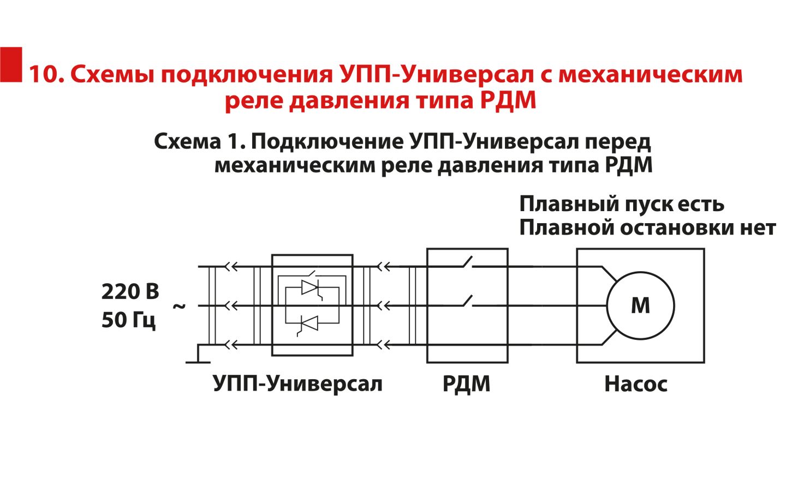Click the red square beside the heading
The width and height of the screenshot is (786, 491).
pos(11,64)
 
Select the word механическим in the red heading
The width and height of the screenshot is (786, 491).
pos(650,75)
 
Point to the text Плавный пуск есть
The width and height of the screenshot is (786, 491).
pos(621,204)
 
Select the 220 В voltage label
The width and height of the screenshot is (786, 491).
pos(130,292)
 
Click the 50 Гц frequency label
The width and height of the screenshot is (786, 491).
pos(129,320)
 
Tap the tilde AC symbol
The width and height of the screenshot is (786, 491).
pos(179,306)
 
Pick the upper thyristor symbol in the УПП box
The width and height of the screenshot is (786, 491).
pos(311,288)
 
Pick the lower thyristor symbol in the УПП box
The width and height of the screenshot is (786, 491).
pos(309,324)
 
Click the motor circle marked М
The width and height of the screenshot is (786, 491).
pos(640,306)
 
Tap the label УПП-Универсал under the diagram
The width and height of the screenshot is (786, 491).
pos(297,384)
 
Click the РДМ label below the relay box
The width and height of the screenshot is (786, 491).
pos(466,384)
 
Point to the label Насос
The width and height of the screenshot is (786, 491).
pos(635,384)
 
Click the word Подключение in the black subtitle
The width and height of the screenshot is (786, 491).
pos(327,142)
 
